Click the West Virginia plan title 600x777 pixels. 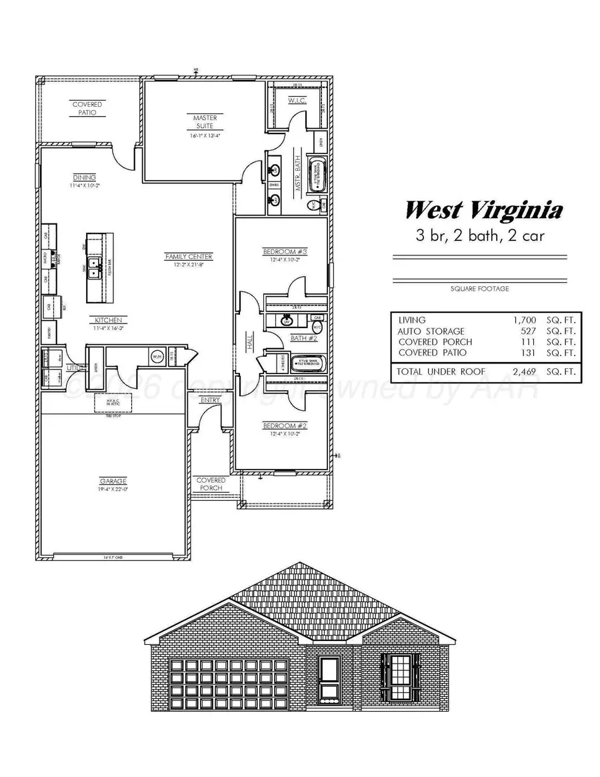(483, 211)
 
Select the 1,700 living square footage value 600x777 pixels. (523, 320)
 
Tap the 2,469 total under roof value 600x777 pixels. (523, 371)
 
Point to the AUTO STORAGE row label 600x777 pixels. (431, 331)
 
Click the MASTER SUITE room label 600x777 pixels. (205, 121)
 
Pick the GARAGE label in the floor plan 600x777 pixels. (113, 481)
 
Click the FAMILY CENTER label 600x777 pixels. (189, 256)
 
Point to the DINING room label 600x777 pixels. (85, 177)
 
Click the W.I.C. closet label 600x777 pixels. (296, 101)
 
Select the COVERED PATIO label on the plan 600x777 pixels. (85, 109)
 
